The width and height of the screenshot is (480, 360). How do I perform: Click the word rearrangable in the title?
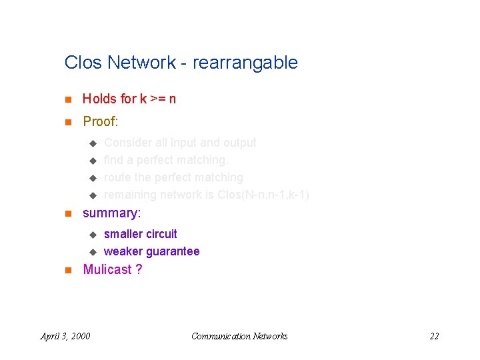(245, 63)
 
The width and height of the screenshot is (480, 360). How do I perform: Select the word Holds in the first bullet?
(99, 99)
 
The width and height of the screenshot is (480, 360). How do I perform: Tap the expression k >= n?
(158, 99)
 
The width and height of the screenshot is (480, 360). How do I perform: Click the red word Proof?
(101, 121)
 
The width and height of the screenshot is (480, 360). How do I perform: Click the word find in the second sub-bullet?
(113, 160)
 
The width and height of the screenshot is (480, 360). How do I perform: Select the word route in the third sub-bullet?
(118, 177)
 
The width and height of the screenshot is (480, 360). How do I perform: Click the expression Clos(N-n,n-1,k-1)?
(263, 195)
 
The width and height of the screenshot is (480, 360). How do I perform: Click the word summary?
(111, 213)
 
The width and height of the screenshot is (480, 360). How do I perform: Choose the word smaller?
(123, 234)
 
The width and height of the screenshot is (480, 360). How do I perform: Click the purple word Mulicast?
(107, 269)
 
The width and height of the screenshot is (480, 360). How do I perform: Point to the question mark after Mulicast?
(139, 269)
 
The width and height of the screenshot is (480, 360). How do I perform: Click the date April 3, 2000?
(65, 336)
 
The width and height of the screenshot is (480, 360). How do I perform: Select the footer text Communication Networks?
(239, 336)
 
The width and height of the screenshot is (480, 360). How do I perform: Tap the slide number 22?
(434, 336)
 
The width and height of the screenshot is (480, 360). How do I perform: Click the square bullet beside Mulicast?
(67, 270)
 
